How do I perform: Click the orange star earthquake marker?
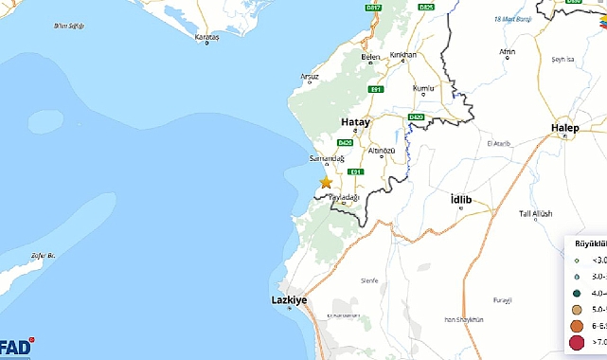click(326, 181)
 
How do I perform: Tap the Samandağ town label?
click(326, 157)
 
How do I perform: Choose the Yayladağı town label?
click(345, 197)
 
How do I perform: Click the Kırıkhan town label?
click(402, 56)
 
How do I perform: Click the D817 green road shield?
click(373, 9)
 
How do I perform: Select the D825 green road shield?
click(426, 9)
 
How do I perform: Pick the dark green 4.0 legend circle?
click(577, 293)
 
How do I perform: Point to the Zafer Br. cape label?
click(45, 256)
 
